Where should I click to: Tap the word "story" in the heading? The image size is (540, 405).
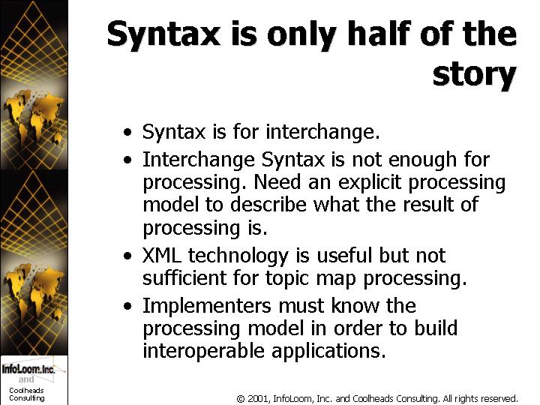[x=475, y=76]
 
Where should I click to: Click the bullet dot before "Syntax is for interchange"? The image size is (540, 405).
[x=127, y=132]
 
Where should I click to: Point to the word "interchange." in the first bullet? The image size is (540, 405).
[x=322, y=131]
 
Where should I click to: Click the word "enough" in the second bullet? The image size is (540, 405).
[x=423, y=160]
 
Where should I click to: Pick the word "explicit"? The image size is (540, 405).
[x=370, y=183]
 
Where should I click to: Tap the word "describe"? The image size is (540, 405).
[x=268, y=204]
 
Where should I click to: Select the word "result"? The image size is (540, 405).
[x=428, y=204]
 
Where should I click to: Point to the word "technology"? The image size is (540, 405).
[x=238, y=257]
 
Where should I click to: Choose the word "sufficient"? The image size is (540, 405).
[x=184, y=277]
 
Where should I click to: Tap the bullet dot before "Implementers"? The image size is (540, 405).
[x=127, y=306]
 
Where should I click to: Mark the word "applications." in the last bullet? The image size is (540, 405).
[x=328, y=352]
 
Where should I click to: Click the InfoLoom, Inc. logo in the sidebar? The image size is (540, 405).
[x=28, y=369]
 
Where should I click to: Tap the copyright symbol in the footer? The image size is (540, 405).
[x=241, y=399]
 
